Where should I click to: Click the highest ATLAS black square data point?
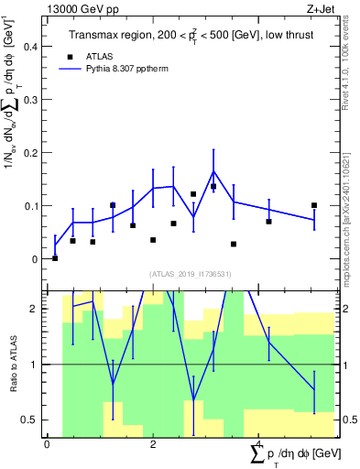(x=213, y=186)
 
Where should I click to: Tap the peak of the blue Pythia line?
(x=213, y=171)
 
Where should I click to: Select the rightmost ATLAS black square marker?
(x=314, y=205)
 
